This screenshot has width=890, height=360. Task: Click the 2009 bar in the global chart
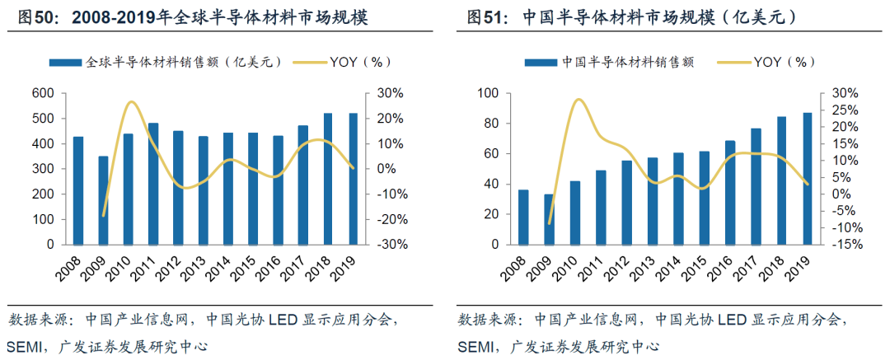tap(103, 200)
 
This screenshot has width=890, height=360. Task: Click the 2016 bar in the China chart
tap(730, 192)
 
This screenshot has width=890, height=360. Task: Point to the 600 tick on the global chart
tap(42, 93)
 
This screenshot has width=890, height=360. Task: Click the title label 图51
tap(485, 16)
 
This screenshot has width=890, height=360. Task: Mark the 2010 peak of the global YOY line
tap(131, 102)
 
